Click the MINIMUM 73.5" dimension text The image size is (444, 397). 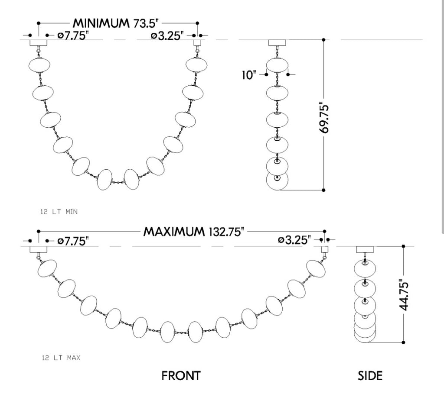(115, 23)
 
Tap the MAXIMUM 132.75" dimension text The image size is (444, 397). (194, 232)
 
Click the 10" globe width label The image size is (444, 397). (248, 75)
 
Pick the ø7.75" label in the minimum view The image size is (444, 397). (73, 36)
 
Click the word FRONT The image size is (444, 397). (181, 376)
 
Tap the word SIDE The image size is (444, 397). (370, 376)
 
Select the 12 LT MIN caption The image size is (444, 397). (59, 212)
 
